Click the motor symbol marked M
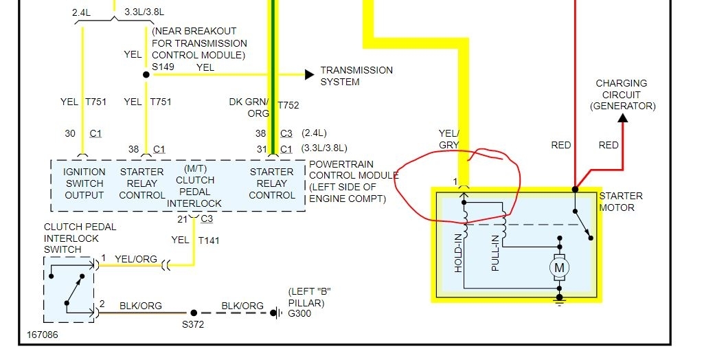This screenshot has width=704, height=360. pos(560,267)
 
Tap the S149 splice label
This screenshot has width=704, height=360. pos(163,67)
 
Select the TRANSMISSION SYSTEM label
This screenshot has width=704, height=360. pos(356,76)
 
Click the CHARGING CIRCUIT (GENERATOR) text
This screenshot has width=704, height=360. pos(621,95)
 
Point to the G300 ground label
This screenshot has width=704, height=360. pos(299,313)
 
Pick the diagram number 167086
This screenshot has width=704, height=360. pos(43,336)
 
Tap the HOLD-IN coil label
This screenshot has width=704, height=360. pos(458,253)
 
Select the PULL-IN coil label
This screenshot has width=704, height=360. pos(495,254)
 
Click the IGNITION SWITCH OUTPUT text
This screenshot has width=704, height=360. pos(84,183)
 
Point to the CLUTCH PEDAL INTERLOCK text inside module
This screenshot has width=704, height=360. pos(194,185)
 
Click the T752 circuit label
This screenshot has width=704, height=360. pos(288,105)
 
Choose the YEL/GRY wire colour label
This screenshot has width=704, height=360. pos(448,139)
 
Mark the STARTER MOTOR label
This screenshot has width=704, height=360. pos(621,201)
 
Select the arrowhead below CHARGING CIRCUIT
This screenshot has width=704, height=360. pos(622,117)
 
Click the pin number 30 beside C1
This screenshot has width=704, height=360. pos(70,133)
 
